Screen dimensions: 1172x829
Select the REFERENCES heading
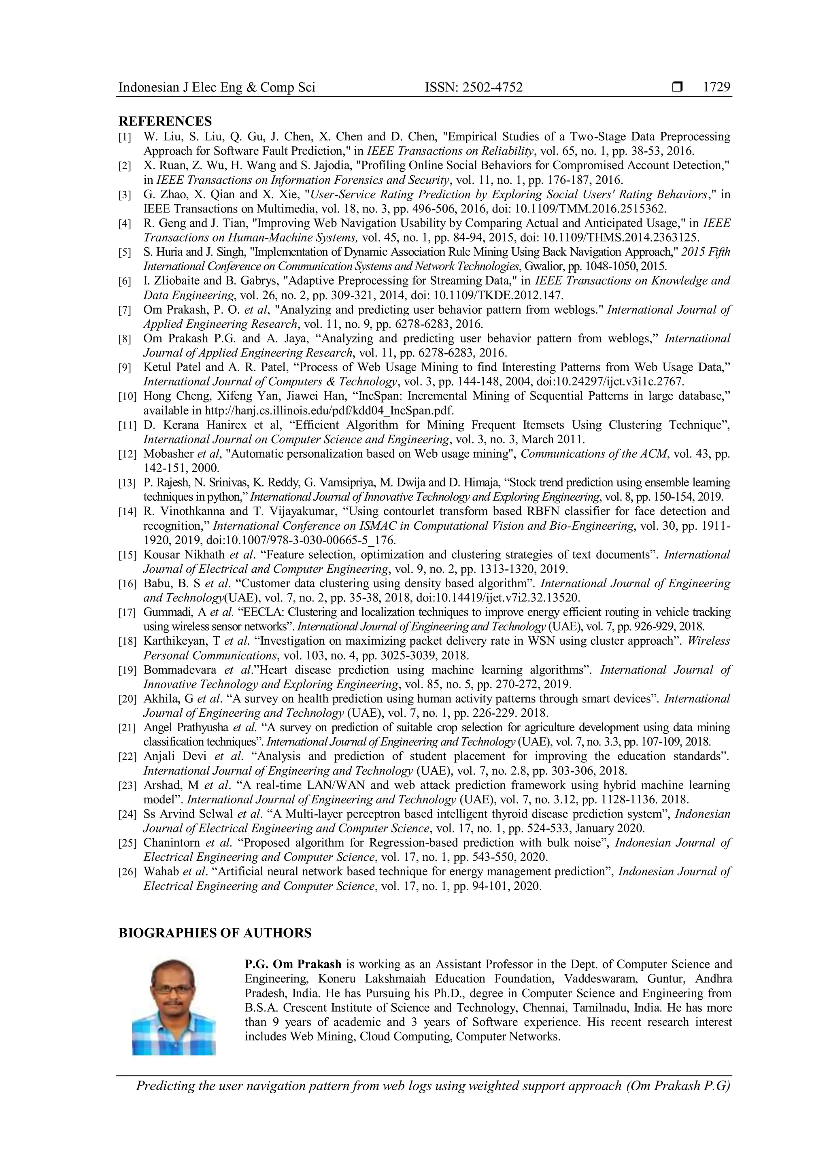[165, 121]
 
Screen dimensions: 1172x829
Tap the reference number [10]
[128, 396]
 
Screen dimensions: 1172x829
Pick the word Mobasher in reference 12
[168, 454]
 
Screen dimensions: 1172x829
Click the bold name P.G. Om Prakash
[293, 964]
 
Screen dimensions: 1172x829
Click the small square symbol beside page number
[677, 87]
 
